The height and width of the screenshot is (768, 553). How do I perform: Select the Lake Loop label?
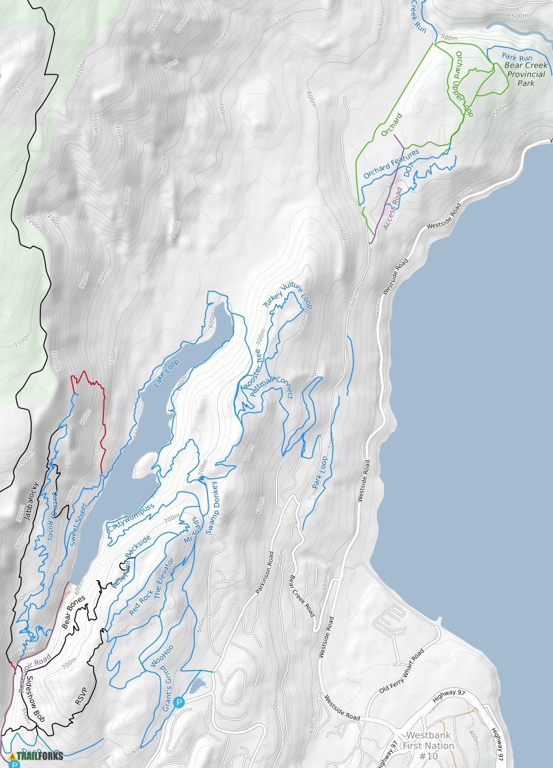165,374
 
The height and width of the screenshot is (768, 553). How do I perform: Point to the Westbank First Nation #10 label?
427,747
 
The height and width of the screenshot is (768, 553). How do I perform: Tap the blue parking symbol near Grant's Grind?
179,702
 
